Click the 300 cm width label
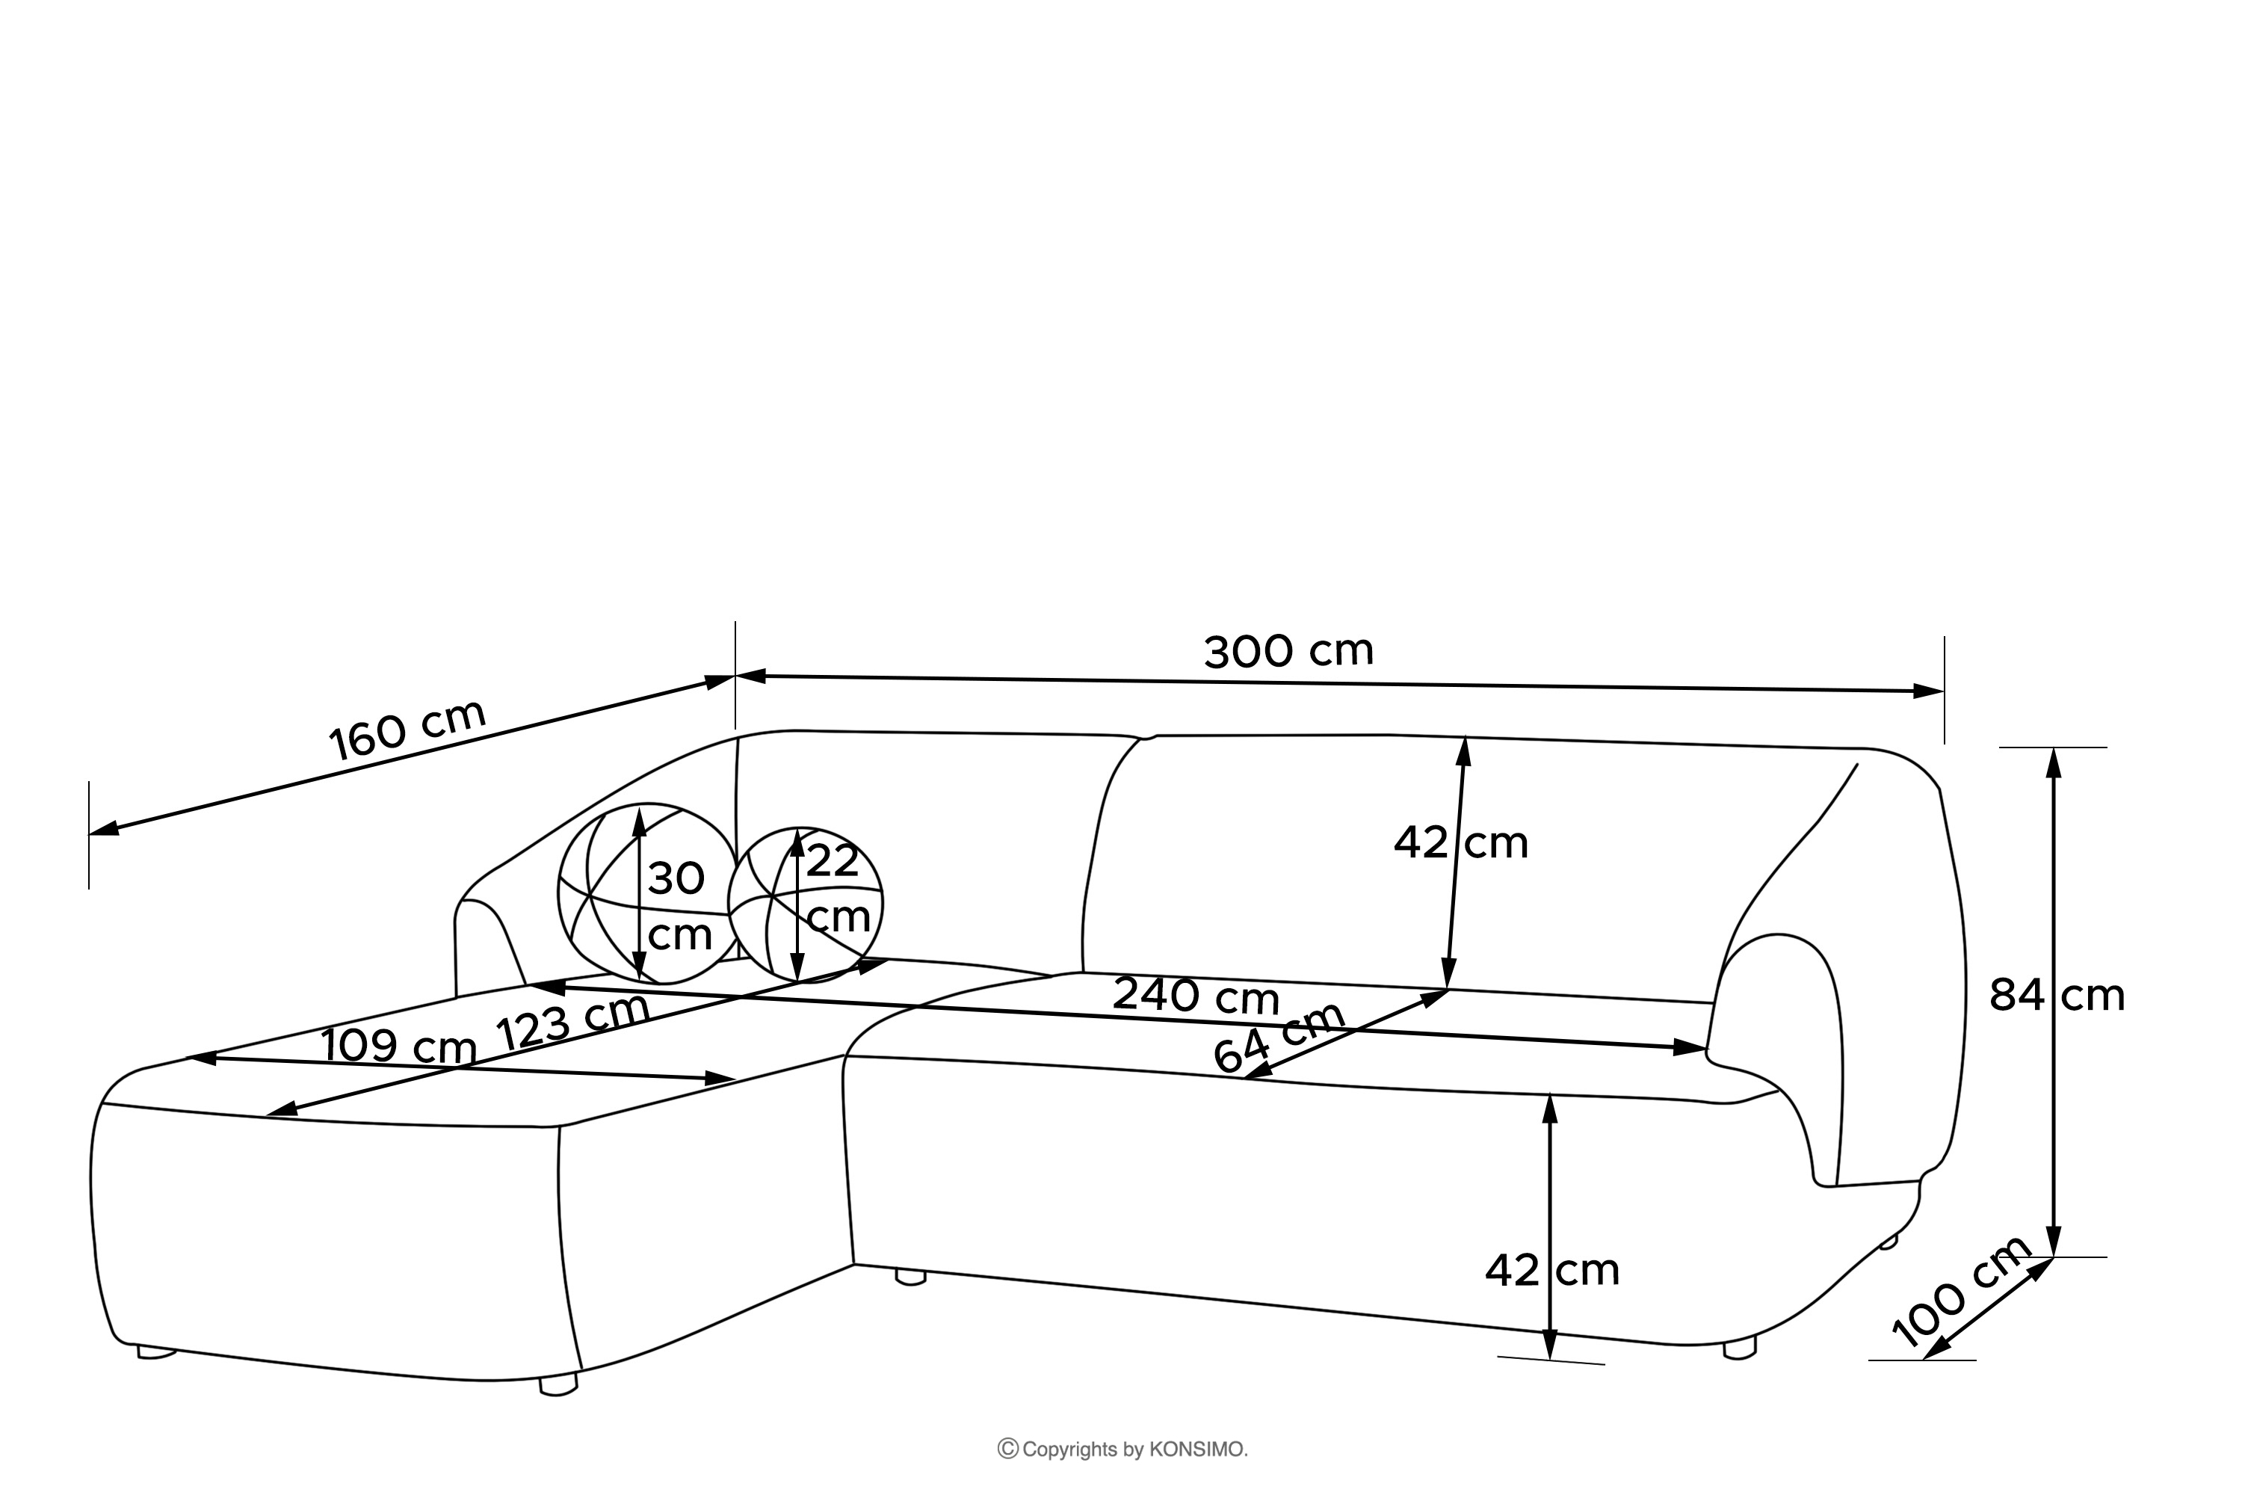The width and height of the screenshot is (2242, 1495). [x=1288, y=651]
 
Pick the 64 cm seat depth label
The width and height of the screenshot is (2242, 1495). [x=1278, y=1038]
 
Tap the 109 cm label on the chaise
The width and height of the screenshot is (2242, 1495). [x=398, y=1046]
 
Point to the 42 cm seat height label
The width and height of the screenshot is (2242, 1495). [x=1552, y=1270]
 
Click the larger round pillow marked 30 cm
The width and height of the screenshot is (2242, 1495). [x=648, y=893]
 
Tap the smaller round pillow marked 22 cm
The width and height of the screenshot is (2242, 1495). [x=806, y=904]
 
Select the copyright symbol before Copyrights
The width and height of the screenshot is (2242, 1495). [x=1007, y=1449]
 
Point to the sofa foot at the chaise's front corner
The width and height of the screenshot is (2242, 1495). [x=558, y=1384]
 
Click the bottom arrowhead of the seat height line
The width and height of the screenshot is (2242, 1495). [x=1550, y=1343]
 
